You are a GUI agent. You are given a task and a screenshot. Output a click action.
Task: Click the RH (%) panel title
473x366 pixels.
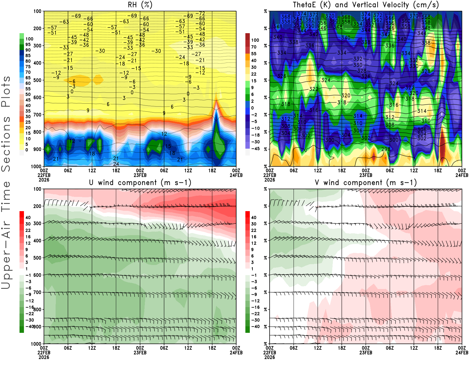coord(140,5)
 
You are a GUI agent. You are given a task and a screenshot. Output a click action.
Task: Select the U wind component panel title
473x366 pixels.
coord(140,182)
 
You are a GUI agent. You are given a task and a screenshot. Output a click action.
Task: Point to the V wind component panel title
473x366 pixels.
coord(366,182)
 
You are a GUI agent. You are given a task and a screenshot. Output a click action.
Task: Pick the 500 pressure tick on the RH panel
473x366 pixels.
coord(37,80)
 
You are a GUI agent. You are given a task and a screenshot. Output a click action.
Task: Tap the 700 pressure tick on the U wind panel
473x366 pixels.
coord(37,292)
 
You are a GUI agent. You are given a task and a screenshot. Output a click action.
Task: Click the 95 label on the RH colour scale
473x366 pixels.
coord(28,44)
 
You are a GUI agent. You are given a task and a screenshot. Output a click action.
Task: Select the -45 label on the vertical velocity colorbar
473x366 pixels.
coord(255,149)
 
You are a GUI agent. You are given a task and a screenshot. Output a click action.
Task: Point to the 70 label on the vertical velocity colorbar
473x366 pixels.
coord(254,47)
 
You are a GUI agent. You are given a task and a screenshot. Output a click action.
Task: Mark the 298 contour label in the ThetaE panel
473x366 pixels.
coord(385,149)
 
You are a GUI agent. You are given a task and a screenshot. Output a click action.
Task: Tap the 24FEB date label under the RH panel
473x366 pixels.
coord(236,175)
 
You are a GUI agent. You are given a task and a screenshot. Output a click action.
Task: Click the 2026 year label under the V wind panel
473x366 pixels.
coord(270,357)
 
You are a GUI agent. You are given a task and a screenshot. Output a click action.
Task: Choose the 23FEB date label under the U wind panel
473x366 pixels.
coord(140,353)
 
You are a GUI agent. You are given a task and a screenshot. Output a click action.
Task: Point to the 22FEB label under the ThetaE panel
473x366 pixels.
coord(270,175)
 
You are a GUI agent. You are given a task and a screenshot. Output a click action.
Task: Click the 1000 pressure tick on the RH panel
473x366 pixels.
coord(36,166)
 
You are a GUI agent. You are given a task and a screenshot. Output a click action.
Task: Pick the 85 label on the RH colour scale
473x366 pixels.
coord(28,55)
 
